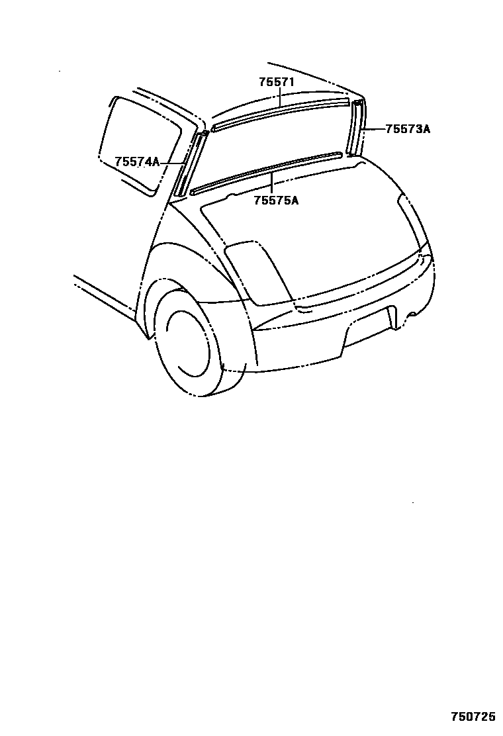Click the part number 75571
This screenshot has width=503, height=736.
(x=276, y=82)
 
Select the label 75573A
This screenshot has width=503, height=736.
(x=408, y=129)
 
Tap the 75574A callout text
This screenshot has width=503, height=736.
(x=137, y=161)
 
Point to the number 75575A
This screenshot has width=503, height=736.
(x=275, y=200)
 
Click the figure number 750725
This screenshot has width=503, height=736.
(x=473, y=717)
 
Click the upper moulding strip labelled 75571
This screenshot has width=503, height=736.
(x=278, y=113)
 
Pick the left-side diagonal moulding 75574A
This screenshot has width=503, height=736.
(x=189, y=165)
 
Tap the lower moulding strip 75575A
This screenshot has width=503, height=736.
(x=265, y=173)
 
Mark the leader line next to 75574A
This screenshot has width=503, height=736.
(x=171, y=161)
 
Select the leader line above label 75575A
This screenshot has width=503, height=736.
(x=272, y=182)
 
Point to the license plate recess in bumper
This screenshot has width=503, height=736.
(x=367, y=324)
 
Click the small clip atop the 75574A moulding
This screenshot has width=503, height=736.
(x=205, y=132)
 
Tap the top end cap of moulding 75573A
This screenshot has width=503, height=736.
(x=358, y=103)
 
